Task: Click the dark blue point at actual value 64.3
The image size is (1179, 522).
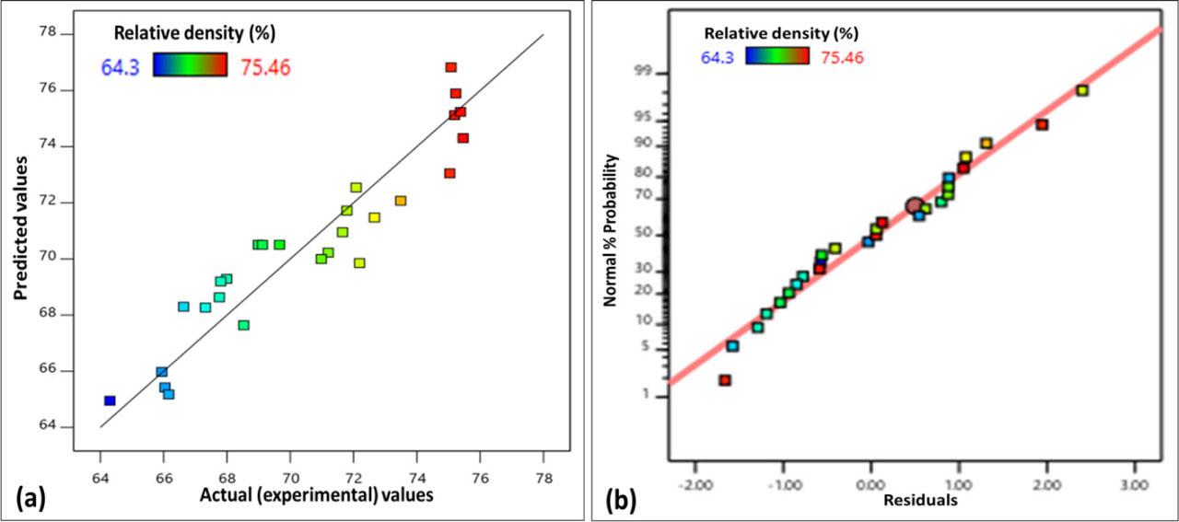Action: pyautogui.click(x=110, y=400)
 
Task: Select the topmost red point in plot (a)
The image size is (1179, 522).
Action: pyautogui.click(x=450, y=67)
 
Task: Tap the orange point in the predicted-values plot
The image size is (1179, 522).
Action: pyautogui.click(x=401, y=201)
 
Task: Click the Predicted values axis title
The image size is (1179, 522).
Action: pyautogui.click(x=22, y=228)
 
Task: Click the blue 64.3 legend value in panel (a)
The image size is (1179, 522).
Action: pyautogui.click(x=120, y=67)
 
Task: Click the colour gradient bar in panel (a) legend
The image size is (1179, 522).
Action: pyautogui.click(x=191, y=64)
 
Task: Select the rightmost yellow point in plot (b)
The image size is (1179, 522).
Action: pyautogui.click(x=1082, y=90)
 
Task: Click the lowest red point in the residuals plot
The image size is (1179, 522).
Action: pyautogui.click(x=725, y=380)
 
